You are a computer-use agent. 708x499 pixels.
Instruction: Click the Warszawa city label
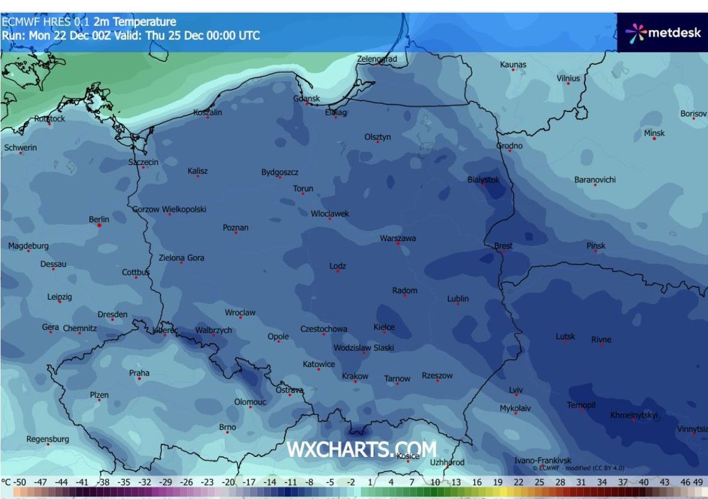pos(397,238)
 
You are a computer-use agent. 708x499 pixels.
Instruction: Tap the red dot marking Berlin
pos(100,226)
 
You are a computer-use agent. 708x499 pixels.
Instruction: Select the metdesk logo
pos(662,32)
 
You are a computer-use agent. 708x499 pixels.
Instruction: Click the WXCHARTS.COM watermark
pos(361,449)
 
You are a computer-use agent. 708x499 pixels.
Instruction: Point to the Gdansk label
pos(306,98)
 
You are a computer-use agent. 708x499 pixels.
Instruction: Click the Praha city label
pos(139,372)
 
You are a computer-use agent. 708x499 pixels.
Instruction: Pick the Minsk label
pos(654,133)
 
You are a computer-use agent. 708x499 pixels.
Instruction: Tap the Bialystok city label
pos(483,179)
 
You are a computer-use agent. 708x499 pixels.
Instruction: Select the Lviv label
pos(516,390)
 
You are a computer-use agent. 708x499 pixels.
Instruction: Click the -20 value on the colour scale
pos(228,482)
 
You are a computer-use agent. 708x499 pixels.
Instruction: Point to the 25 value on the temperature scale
pos(539,482)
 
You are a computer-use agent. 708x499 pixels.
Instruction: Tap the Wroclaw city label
pos(240,312)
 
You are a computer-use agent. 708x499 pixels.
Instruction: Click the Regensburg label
pos(47,439)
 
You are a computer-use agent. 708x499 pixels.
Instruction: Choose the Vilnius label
pos(568,78)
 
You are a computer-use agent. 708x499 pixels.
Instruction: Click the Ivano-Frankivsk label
pos(543,460)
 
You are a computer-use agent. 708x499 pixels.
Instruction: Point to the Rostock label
pos(49,118)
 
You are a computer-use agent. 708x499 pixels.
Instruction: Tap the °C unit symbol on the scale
pos(7,482)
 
